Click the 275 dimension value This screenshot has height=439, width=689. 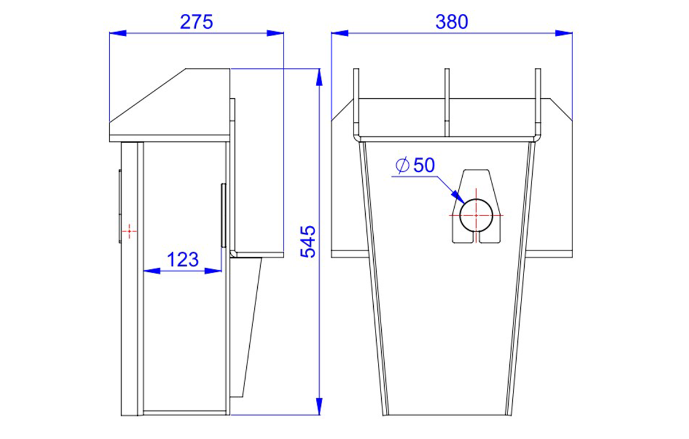click(x=196, y=22)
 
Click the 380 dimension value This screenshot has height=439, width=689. click(x=451, y=22)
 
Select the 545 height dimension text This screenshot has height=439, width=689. click(x=308, y=242)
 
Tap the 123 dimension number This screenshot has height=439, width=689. click(x=183, y=260)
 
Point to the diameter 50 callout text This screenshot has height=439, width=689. click(x=415, y=165)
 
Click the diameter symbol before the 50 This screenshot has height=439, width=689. click(x=402, y=165)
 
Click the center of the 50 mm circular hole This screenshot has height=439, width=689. click(x=476, y=215)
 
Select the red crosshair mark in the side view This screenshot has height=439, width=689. click(x=130, y=231)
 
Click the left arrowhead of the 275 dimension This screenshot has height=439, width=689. click(x=118, y=33)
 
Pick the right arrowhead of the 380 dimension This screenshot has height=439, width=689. click(x=564, y=33)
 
